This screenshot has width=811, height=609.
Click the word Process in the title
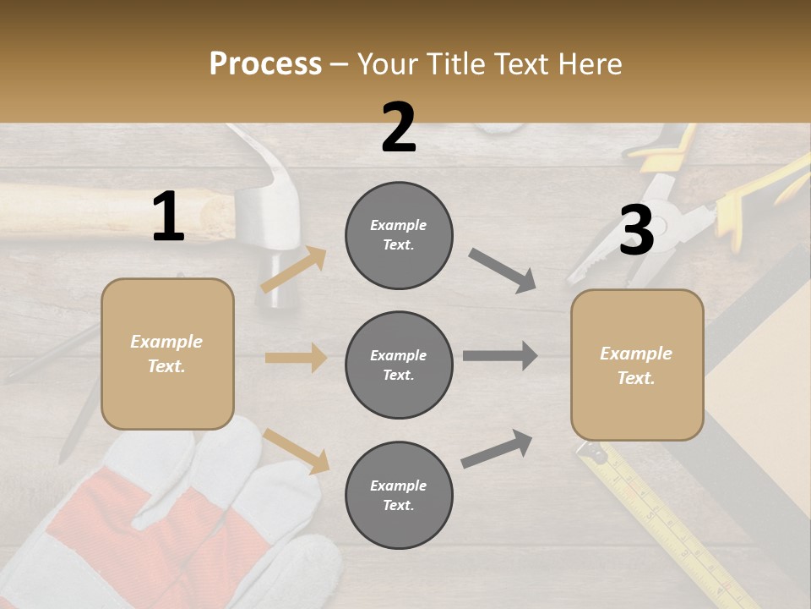(265, 63)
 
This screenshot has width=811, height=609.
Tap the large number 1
(168, 217)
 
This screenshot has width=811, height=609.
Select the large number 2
(399, 128)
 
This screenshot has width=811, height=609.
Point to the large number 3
(636, 232)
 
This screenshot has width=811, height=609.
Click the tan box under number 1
(167, 354)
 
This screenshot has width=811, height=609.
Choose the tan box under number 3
(637, 365)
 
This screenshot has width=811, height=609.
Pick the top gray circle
(399, 235)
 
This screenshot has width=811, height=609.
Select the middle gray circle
(399, 365)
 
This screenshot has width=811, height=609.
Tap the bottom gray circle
(399, 495)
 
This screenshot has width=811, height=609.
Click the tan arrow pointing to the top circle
(293, 270)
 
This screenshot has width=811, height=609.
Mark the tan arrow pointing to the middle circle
(296, 358)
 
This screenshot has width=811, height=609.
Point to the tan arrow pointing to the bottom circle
(296, 451)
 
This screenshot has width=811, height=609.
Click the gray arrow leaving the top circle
(503, 271)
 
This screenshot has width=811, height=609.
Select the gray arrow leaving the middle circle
(500, 355)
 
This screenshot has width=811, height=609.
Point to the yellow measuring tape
(667, 524)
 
